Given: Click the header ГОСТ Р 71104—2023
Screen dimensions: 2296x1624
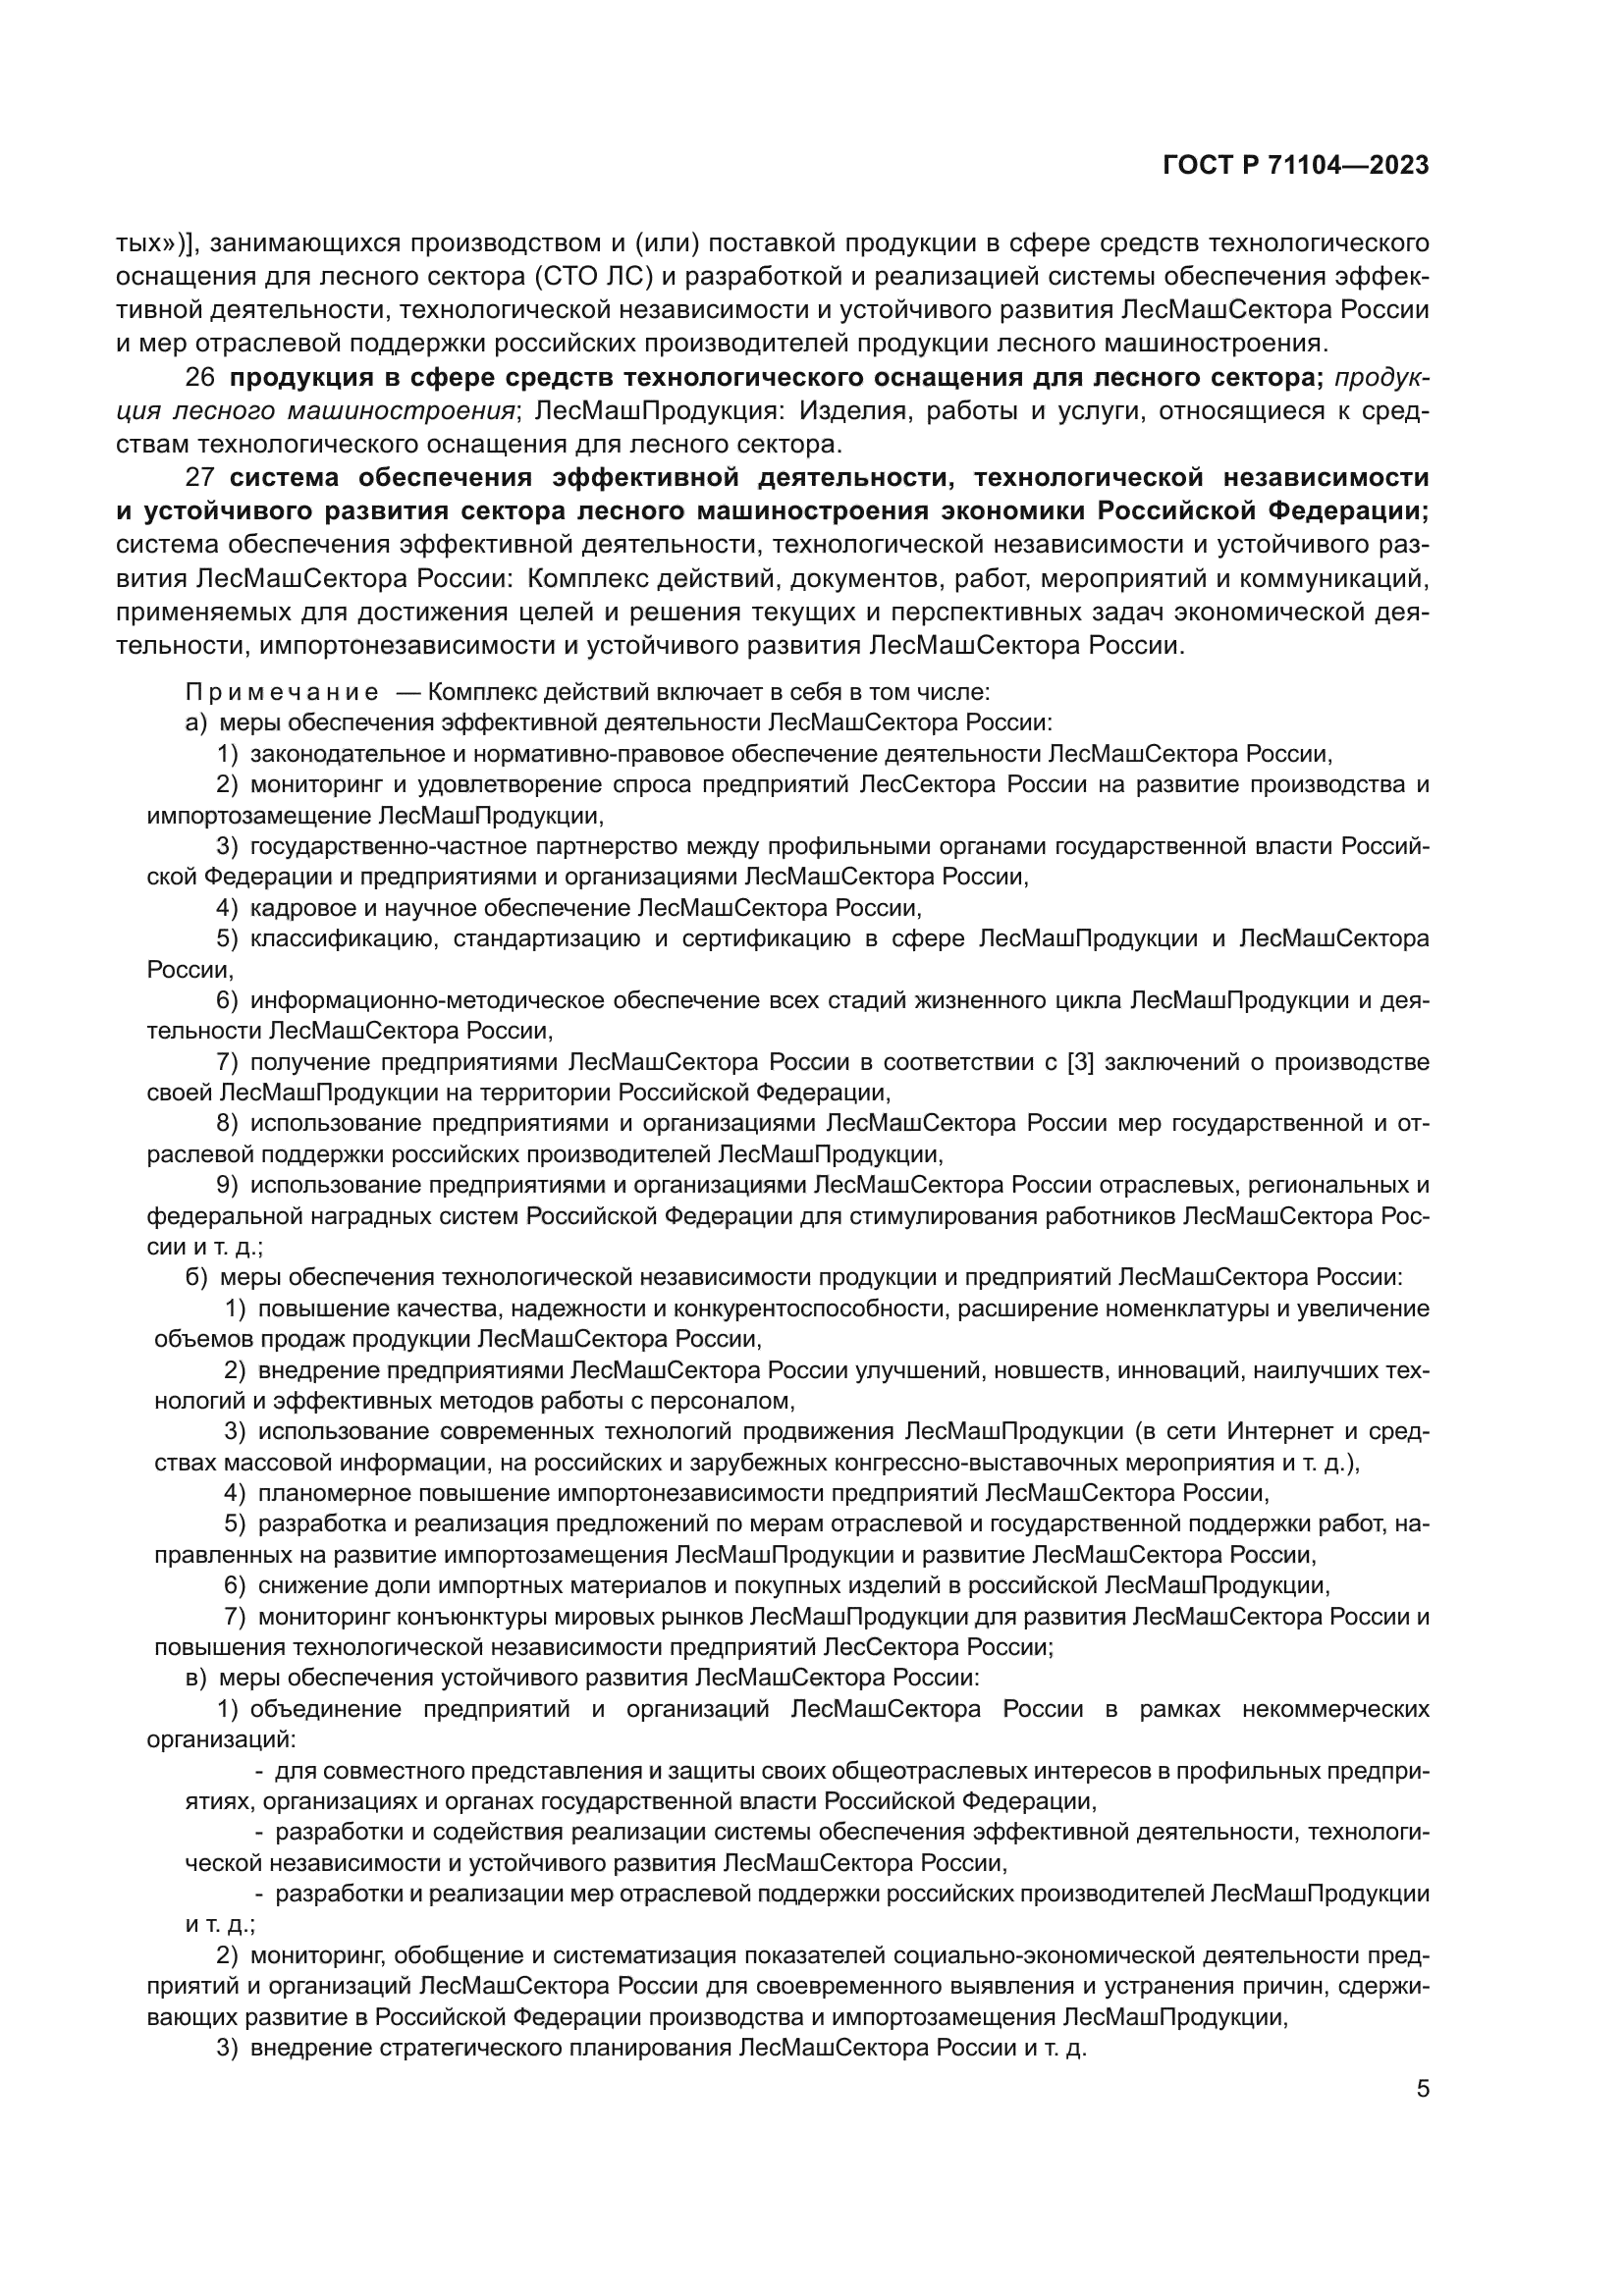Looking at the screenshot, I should click(1296, 166).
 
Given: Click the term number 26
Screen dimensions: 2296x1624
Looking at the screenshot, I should click(201, 378).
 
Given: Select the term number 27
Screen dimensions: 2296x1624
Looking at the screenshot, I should click(201, 478).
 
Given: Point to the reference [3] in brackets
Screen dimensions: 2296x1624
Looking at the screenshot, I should click(1082, 1062).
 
